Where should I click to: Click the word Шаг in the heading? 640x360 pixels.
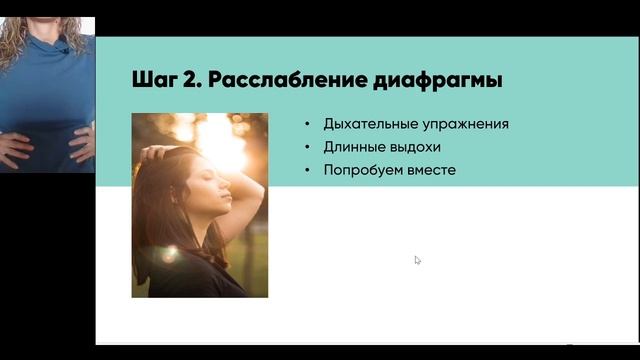coord(152,80)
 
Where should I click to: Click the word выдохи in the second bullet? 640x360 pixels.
coord(419,148)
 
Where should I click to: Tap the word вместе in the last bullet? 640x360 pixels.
coord(432,170)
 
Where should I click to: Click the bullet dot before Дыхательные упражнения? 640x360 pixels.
coord(305,125)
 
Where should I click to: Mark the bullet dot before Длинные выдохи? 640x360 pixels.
coord(305,148)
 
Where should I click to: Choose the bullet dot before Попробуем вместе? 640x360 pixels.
coord(305,170)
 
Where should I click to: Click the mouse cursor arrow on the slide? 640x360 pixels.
coord(417,260)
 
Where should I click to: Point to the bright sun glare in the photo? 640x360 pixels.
coord(215,135)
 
